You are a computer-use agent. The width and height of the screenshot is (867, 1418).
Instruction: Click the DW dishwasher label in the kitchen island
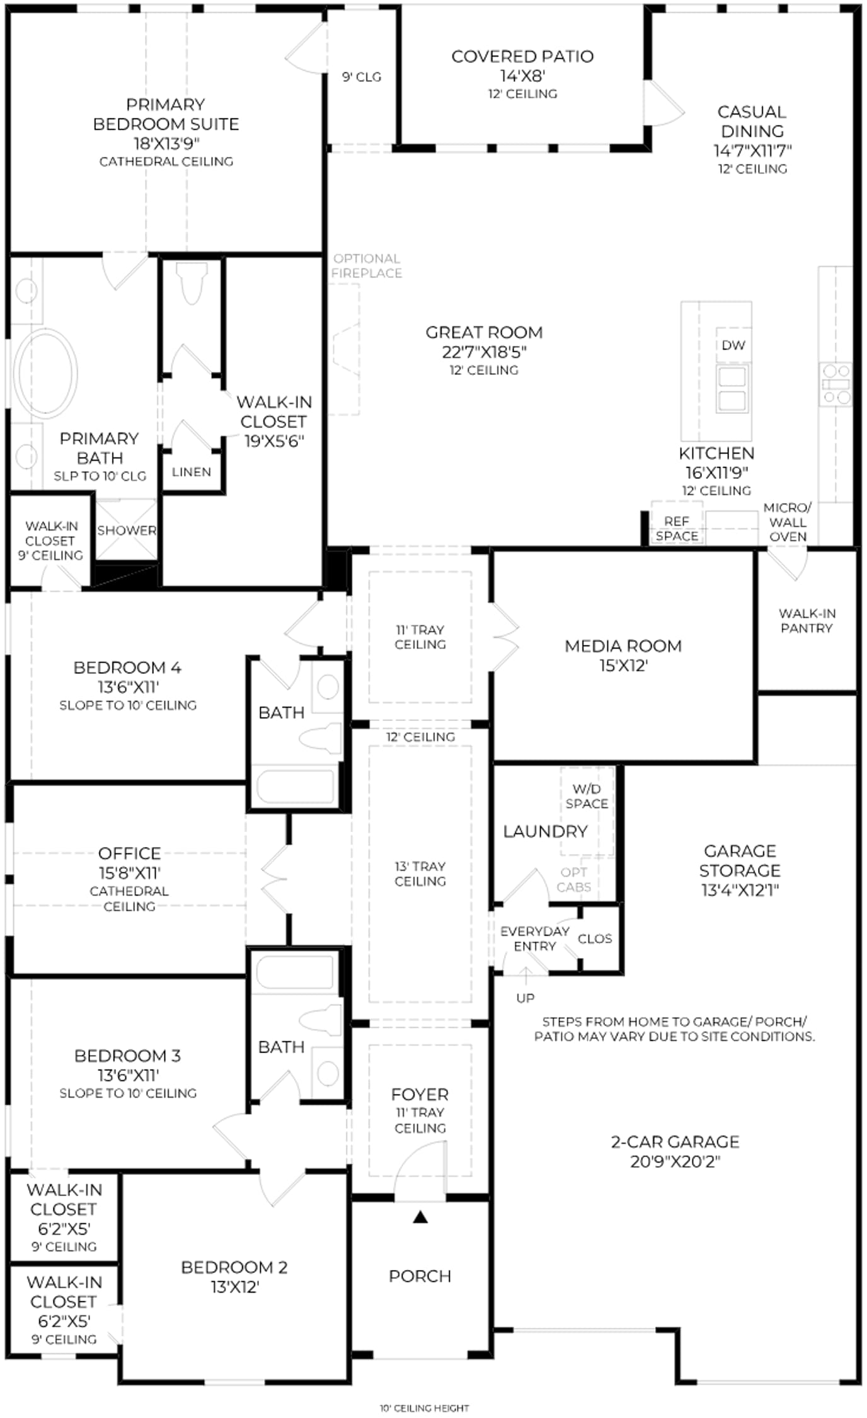click(733, 345)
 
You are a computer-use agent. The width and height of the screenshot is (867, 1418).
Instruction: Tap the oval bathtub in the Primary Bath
click(45, 373)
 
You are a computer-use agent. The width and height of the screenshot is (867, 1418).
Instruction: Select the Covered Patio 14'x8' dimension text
click(522, 76)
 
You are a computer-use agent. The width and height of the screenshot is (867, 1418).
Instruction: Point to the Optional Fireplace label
click(367, 266)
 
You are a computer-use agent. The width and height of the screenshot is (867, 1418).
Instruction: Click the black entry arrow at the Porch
click(420, 1217)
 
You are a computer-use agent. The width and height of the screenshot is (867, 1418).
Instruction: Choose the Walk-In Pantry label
click(807, 621)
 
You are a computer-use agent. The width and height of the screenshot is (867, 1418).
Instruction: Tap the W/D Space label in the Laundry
click(587, 796)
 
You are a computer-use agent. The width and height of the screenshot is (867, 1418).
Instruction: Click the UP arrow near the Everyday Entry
click(525, 975)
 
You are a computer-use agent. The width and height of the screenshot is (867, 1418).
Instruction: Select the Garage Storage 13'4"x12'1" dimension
click(740, 890)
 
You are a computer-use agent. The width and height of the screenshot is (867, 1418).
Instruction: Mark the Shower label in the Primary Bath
click(127, 531)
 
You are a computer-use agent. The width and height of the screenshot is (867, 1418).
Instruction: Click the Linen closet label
click(192, 472)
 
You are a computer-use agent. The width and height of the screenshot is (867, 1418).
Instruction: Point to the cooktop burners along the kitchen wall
click(835, 383)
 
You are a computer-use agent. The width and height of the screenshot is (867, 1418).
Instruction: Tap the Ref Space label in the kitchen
click(677, 529)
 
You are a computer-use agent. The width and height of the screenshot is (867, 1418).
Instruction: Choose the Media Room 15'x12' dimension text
click(624, 666)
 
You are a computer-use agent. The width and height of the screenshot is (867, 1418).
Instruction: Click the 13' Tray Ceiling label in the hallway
click(420, 873)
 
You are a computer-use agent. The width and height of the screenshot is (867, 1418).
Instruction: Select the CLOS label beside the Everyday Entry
click(595, 938)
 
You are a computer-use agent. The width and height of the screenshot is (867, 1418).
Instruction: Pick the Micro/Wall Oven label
click(788, 522)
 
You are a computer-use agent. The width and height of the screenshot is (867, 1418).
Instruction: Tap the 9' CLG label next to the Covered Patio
click(362, 77)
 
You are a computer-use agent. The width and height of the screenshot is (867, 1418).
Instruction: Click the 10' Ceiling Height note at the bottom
click(425, 1407)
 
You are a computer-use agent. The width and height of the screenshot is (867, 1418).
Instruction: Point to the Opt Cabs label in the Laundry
click(573, 879)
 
